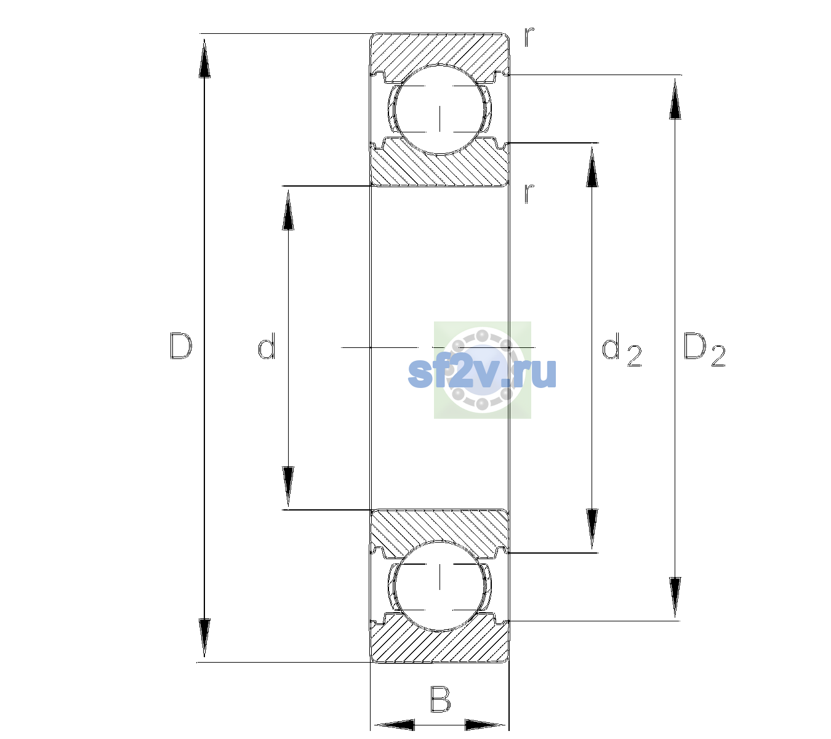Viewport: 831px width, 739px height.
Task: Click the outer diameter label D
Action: pyautogui.click(x=181, y=346)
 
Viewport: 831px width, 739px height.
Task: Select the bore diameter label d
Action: pyautogui.click(x=267, y=346)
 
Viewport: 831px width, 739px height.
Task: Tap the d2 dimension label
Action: pyautogui.click(x=621, y=349)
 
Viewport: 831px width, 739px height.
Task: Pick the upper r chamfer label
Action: pyautogui.click(x=529, y=37)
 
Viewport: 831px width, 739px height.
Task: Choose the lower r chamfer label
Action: pyautogui.click(x=529, y=193)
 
